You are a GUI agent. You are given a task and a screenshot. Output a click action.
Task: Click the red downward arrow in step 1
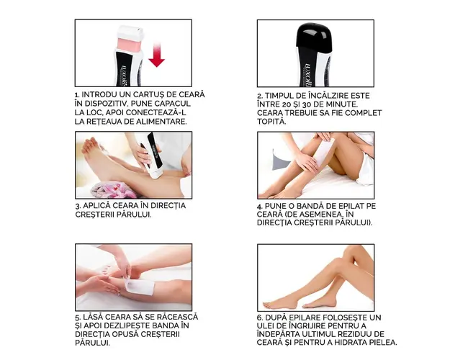click(x=156, y=55)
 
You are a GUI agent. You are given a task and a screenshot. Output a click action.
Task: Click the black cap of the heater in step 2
click(x=314, y=35)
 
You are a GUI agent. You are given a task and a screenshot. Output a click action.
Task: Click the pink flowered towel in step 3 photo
click(x=114, y=190)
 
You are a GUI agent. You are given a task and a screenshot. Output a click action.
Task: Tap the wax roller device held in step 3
click(x=152, y=156)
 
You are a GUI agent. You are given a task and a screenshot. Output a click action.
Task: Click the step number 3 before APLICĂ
click(x=78, y=206)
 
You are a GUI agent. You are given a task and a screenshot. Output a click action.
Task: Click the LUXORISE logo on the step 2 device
click(x=307, y=75)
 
